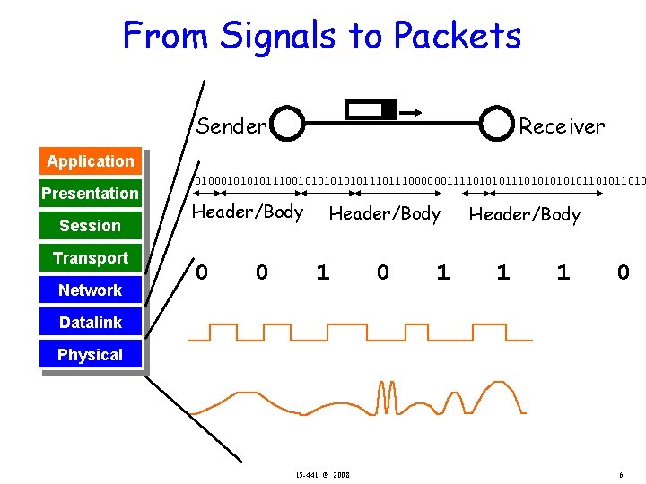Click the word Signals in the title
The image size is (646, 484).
pos(278,36)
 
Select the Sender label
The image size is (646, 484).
pos(231,126)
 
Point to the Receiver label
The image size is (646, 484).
pos(562,126)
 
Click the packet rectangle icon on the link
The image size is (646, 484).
pos(371,110)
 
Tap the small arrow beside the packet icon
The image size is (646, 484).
pos(411,112)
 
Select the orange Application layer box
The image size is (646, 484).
pos(91,161)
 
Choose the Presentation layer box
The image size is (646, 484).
pos(91,194)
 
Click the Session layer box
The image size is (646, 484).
pos(91,226)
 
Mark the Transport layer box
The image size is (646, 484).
pos(91,258)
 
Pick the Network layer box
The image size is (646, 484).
pos(91,290)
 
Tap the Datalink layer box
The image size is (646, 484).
pos(91,323)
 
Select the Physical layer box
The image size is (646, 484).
pos(91,355)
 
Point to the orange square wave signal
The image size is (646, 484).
pos(359,333)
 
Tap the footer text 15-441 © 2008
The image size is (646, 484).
pos(323,474)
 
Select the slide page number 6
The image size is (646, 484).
pos(621,474)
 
